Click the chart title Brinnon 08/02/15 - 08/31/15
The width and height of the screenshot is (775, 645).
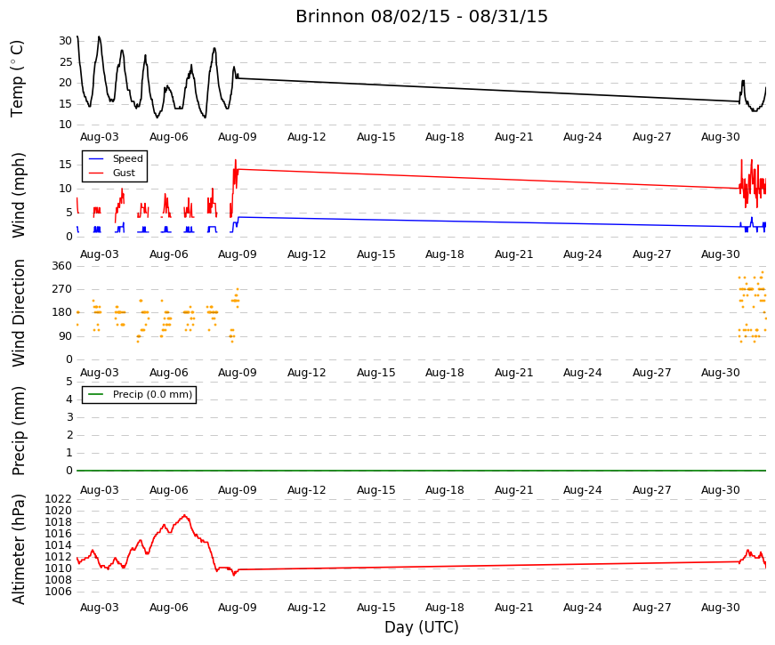pos(422,16)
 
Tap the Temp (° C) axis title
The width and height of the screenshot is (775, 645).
pos(17,79)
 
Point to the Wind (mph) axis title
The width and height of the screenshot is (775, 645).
pos(19,195)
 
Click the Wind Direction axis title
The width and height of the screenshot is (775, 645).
pos(19,313)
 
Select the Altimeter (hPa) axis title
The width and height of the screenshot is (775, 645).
pos(19,549)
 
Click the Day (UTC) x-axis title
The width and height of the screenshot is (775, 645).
pos(422,627)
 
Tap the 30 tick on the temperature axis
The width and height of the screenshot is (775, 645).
pos(66,41)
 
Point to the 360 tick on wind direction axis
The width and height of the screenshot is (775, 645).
pos(62,266)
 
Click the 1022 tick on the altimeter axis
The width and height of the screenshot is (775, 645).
pos(59,499)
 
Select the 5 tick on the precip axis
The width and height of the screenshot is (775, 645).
pos(69,382)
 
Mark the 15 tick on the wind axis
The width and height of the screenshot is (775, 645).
pos(66,165)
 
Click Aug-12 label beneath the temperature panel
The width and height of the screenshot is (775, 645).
pos(307,137)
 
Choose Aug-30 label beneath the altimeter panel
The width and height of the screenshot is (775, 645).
pos(721,608)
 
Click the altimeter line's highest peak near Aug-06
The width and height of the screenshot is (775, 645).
pos(185,515)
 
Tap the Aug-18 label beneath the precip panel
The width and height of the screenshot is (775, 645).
pos(445,490)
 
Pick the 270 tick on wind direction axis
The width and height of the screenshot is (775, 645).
pos(62,289)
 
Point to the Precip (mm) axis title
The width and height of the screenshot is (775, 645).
pos(19,431)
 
